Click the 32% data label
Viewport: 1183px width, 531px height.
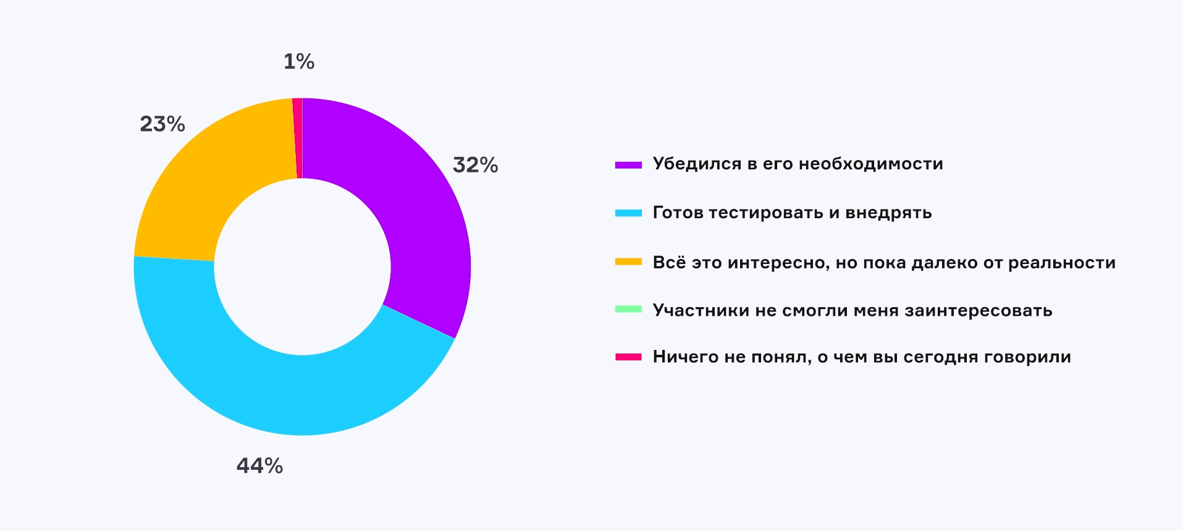475,165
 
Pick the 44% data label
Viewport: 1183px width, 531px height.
259,465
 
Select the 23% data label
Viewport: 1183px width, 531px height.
162,124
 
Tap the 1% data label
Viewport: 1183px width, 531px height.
299,61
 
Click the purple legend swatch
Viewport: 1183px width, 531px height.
628,164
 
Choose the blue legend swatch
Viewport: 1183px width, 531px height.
628,213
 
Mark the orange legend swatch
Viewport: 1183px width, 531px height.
628,262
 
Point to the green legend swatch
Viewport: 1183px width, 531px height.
628,309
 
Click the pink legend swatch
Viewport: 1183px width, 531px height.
628,357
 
